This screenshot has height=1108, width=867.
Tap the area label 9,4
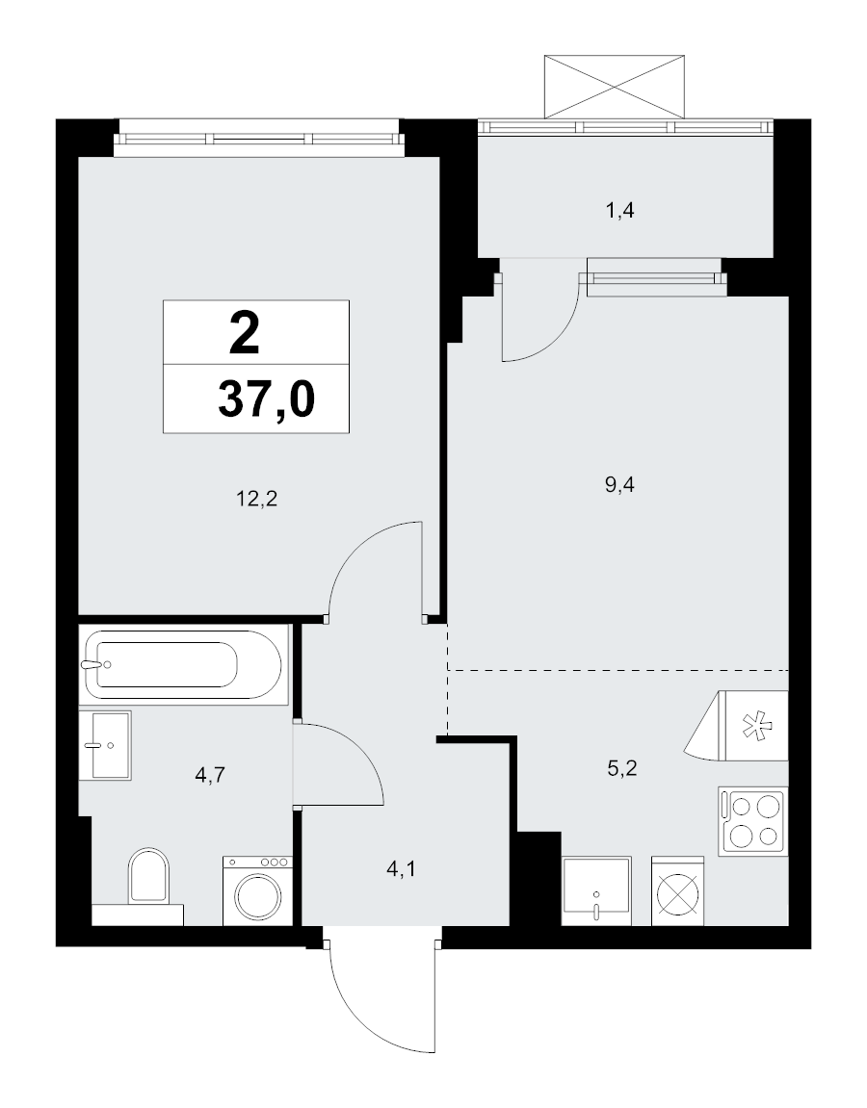[x=620, y=485]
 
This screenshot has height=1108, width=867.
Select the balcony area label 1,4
[x=618, y=211]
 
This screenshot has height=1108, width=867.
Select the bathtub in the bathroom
[x=183, y=663]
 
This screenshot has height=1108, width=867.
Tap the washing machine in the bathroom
[x=256, y=890]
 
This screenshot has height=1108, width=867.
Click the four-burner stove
[x=752, y=820]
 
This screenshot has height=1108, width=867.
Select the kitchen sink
[x=597, y=890]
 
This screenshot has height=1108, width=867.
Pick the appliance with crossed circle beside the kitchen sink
[x=680, y=890]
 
